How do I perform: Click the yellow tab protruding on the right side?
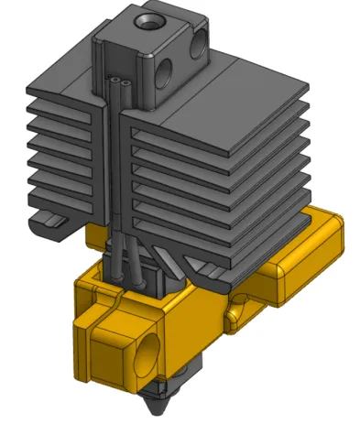(x=286, y=272)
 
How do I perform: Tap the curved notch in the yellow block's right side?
(x=236, y=311)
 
